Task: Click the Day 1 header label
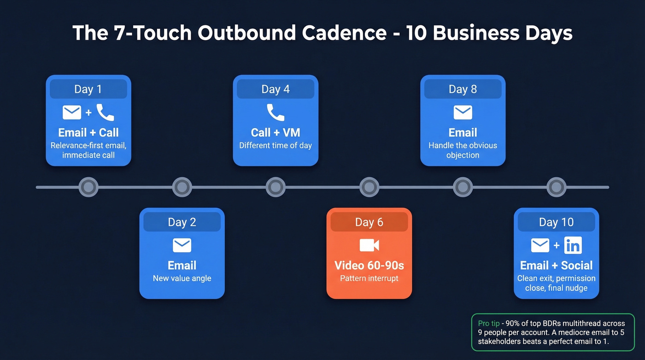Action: (x=88, y=89)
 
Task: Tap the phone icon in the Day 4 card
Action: (x=276, y=112)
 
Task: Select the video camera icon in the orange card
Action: (x=369, y=245)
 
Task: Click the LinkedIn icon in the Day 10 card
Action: (x=573, y=246)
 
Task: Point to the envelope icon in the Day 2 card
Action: (x=182, y=245)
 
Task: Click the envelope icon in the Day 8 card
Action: (x=463, y=112)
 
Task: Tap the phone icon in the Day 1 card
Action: (x=105, y=112)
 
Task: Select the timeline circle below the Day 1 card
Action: (x=88, y=187)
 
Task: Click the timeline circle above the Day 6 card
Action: (x=369, y=187)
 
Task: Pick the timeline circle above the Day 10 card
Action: (x=556, y=187)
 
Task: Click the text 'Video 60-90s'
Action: (x=369, y=266)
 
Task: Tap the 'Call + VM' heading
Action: (x=276, y=133)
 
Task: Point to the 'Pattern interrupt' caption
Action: (x=369, y=278)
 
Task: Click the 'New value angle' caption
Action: (x=182, y=278)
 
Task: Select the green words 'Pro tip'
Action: (x=488, y=324)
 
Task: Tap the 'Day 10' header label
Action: (x=556, y=222)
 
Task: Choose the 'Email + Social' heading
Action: (x=556, y=266)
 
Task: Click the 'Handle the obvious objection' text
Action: (x=463, y=150)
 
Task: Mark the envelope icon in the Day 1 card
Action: (x=72, y=112)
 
